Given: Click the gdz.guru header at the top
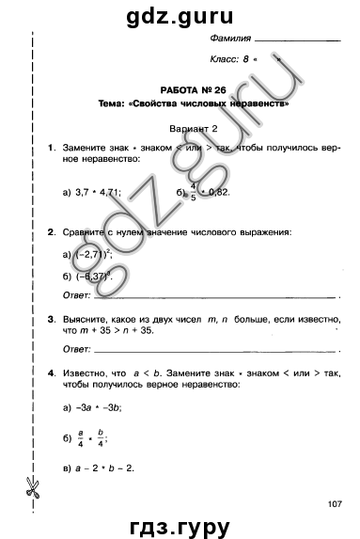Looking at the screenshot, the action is point(179,13).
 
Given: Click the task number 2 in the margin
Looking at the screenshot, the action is point(51,230).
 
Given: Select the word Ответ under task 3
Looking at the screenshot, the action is point(75,349).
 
